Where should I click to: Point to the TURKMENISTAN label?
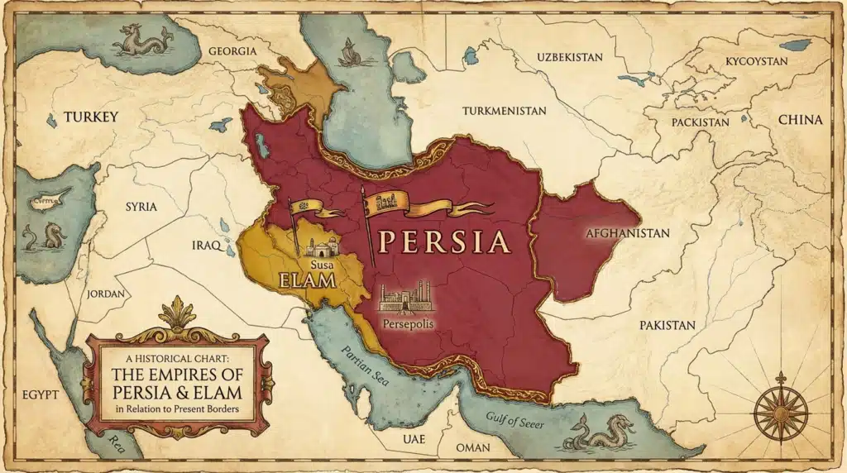505,111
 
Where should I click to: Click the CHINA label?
800,120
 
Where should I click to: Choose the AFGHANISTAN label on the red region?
626,233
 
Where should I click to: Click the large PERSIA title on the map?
442,241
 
